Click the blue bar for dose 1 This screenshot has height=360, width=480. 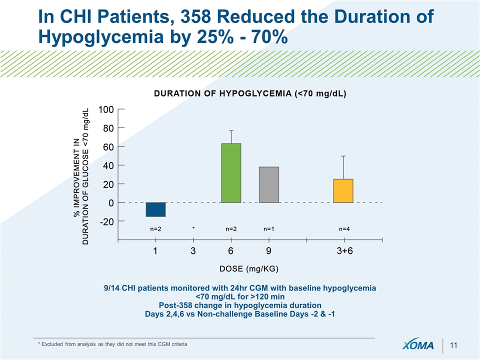tap(155, 209)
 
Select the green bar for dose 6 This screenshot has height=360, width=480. tap(231, 173)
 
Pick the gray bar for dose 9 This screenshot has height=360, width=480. tap(268, 184)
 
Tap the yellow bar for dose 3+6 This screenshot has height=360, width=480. tap(343, 190)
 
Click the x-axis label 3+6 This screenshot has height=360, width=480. tap(344, 251)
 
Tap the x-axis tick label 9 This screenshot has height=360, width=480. tap(268, 251)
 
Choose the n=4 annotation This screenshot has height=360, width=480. tap(344, 229)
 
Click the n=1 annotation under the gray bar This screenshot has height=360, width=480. tap(269, 229)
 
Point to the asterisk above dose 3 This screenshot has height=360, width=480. tap(193, 228)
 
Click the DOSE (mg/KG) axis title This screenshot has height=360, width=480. tap(249, 268)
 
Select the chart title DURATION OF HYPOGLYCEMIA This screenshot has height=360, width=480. tap(250, 93)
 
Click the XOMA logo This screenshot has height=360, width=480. tap(418, 346)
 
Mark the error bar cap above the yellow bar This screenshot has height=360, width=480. tap(343, 156)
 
